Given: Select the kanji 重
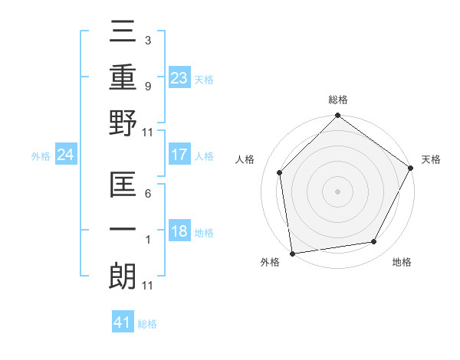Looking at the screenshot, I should coord(123,77).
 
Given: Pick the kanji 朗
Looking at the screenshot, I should coord(123,276).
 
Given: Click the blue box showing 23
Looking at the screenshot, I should coord(179,77).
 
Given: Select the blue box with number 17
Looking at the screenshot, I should coord(179,155).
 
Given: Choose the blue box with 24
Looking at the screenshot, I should coord(66,155).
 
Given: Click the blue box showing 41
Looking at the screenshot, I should coord(123,322).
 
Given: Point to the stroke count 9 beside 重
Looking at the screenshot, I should coord(148,87).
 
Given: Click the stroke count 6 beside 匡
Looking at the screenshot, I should coord(148,195).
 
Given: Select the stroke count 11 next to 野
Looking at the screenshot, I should coord(148,133).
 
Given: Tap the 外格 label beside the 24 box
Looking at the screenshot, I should coord(41,156).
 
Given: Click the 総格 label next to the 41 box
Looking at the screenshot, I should coord(147,323).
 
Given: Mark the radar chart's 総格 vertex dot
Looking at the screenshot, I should coord(337,116).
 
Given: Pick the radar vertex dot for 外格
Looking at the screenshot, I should coord(292,253).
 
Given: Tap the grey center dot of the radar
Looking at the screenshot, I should coord(337,191).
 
